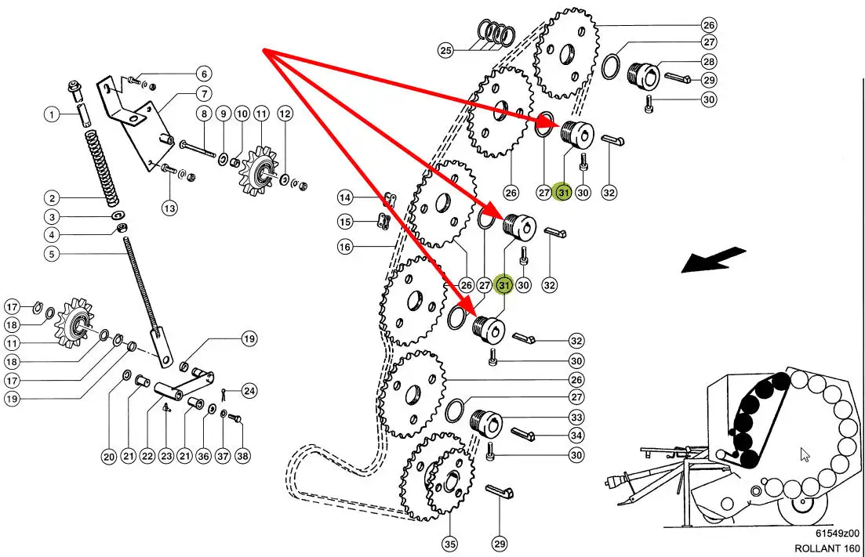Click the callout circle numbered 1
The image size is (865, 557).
[51, 115]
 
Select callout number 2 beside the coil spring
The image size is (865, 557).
[51, 198]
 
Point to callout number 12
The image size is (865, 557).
[285, 114]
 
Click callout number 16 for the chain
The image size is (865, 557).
[345, 247]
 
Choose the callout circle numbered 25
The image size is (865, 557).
[445, 51]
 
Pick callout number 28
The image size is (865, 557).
[709, 61]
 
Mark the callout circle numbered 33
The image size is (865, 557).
[576, 418]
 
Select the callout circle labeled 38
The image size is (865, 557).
[242, 456]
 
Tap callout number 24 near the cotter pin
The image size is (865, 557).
[249, 390]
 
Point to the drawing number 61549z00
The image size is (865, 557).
[837, 532]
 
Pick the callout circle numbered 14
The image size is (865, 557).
[345, 196]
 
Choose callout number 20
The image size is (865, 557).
[107, 456]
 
